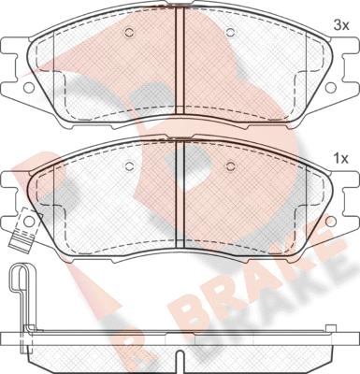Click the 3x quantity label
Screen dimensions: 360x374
point(340,26)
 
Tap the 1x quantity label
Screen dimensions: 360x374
point(340,159)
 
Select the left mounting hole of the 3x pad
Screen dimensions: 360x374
point(29,88)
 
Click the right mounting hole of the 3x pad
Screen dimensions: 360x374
point(331,88)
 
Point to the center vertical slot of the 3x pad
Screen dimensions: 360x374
point(180,61)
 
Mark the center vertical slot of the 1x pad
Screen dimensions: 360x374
point(180,194)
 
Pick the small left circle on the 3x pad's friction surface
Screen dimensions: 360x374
point(129,32)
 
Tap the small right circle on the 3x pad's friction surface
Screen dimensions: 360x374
point(230,32)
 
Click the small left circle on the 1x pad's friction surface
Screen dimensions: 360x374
point(129,166)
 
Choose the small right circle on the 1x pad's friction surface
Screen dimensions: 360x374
point(230,166)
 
